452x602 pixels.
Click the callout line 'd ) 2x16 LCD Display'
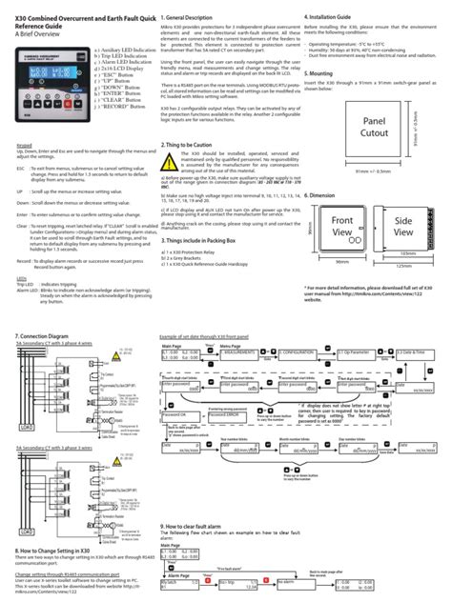pos(103,85)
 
